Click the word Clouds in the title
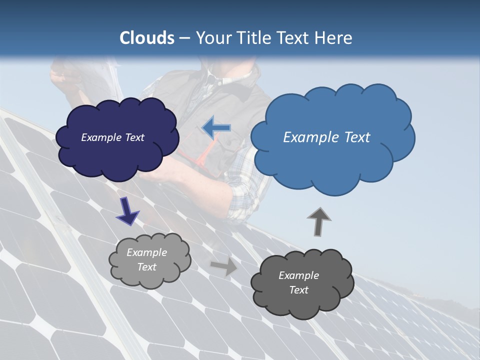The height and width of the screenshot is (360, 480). pyautogui.click(x=147, y=38)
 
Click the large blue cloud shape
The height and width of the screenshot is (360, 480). pyautogui.click(x=332, y=160)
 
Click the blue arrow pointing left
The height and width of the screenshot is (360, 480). pyautogui.click(x=216, y=127)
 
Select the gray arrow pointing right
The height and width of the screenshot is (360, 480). pyautogui.click(x=224, y=266)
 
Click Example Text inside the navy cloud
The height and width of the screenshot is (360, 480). pyautogui.click(x=112, y=137)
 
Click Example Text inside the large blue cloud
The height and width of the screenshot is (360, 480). pyautogui.click(x=326, y=137)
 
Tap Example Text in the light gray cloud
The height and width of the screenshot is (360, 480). pyautogui.click(x=147, y=259)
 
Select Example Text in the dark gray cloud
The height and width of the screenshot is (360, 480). pyautogui.click(x=298, y=282)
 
